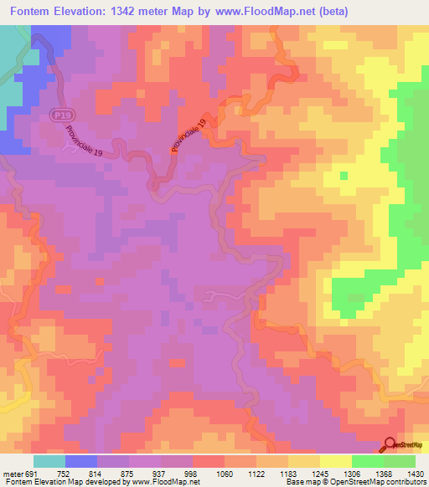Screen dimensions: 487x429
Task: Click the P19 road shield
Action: (59, 114)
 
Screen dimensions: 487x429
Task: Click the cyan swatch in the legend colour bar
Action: (49, 461)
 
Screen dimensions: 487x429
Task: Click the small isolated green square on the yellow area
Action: (343, 176)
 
